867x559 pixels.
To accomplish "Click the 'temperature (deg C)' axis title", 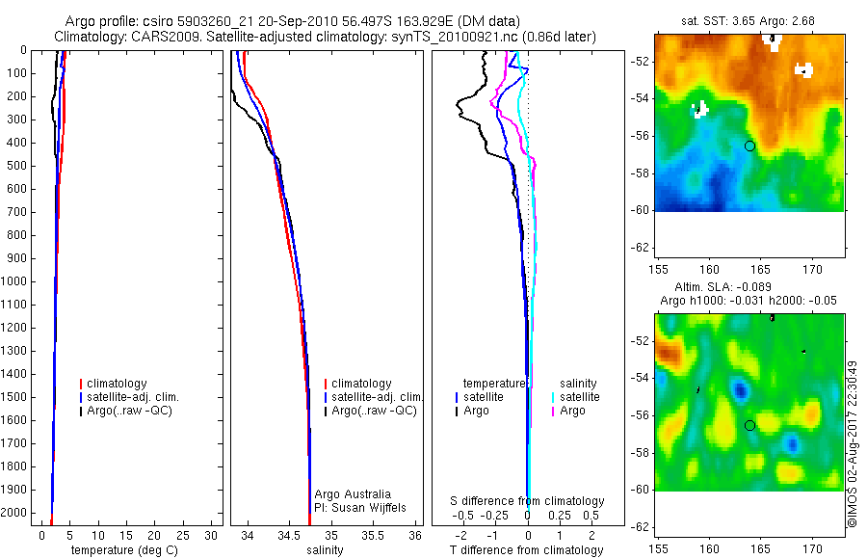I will pyautogui.click(x=120, y=550).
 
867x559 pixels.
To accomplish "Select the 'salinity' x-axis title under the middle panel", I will pyautogui.click(x=324, y=550).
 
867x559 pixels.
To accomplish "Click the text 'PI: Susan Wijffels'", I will pyautogui.click(x=358, y=507).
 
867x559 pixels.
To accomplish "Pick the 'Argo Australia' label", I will pyautogui.click(x=353, y=494).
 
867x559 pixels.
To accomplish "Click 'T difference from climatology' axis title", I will pyautogui.click(x=526, y=550).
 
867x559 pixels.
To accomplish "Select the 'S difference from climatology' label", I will pyautogui.click(x=527, y=501).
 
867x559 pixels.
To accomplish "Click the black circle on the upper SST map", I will pyautogui.click(x=749, y=146).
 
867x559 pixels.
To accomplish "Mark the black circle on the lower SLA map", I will pyautogui.click(x=749, y=425).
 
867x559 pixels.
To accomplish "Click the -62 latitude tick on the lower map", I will pyautogui.click(x=640, y=526).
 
